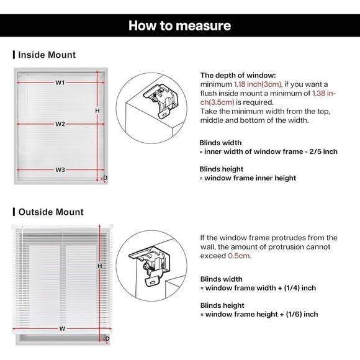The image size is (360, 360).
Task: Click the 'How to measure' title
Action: [179, 25]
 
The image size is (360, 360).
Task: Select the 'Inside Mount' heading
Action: [47, 55]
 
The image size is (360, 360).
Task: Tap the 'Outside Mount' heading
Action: [51, 212]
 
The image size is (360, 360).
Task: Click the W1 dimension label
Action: [60, 83]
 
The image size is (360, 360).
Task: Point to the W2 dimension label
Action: [60, 124]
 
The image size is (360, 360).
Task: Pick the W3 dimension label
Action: [60, 169]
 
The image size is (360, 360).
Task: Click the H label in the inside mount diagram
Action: [97, 110]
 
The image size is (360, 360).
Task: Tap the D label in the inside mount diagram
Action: [105, 178]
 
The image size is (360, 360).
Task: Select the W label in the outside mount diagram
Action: [62, 328]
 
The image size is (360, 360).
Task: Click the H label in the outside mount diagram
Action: [100, 266]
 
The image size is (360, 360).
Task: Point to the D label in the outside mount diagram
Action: [107, 339]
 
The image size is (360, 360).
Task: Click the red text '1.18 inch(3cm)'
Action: [258, 84]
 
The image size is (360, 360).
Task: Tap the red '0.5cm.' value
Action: [240, 256]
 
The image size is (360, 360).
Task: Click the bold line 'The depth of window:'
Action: [238, 75]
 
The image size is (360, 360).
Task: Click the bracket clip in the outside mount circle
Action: [150, 266]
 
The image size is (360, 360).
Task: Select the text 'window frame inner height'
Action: [250, 178]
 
